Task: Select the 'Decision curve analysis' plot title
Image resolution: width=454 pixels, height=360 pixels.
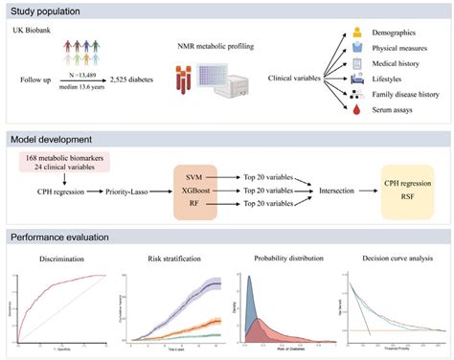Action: (392, 259)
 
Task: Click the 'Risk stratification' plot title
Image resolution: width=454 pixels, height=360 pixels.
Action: (175, 259)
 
